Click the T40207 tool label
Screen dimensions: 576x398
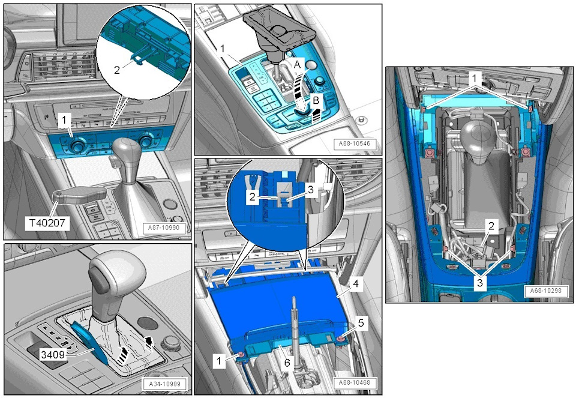[x=47, y=222]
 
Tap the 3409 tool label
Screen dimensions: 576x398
[x=53, y=355]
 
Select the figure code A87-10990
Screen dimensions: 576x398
[x=164, y=228]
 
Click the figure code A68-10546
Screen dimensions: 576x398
[x=355, y=144]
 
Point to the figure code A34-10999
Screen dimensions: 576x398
[x=164, y=384]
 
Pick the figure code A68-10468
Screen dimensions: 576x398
[x=355, y=382]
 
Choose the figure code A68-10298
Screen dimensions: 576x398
[x=545, y=291]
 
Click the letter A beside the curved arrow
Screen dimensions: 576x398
[x=298, y=65]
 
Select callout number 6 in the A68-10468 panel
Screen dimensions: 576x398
[x=287, y=363]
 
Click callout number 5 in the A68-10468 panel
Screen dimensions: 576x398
[x=361, y=323]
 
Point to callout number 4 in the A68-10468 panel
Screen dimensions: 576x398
[x=356, y=283]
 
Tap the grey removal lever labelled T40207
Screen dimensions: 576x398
[x=79, y=194]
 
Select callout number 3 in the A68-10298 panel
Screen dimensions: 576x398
[x=480, y=282]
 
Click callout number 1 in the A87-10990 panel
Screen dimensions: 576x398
[x=65, y=120]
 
